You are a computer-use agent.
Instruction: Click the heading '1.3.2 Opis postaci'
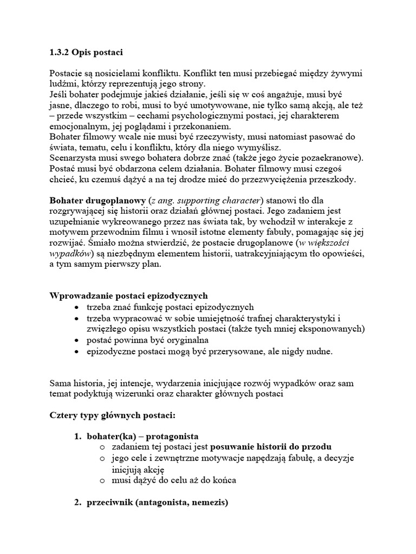click(86, 52)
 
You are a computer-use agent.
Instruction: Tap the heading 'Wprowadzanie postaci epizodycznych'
click(128, 296)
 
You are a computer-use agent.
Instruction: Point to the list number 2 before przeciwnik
click(77, 502)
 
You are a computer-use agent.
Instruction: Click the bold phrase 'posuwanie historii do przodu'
click(270, 446)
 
